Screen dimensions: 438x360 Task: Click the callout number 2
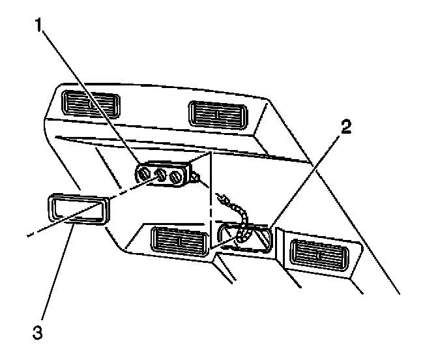click(x=346, y=126)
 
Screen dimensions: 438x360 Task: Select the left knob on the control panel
click(x=145, y=173)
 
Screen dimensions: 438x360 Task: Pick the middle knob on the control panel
click(x=159, y=175)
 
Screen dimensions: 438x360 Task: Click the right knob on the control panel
click(x=174, y=176)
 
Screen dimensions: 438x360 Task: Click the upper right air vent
click(x=216, y=113)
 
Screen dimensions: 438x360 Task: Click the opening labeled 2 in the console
click(x=244, y=238)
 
